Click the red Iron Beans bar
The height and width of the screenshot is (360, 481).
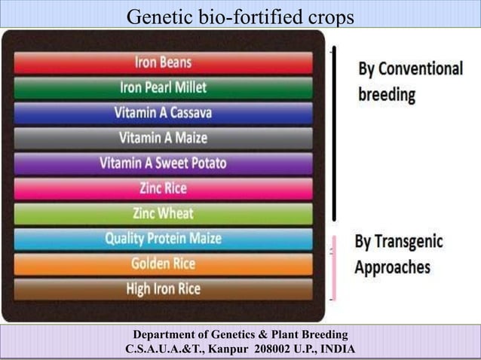click(163, 63)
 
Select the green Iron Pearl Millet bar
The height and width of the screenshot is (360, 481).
click(163, 88)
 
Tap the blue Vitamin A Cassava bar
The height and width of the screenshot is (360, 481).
click(163, 113)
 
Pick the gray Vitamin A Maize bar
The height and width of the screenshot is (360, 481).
click(163, 138)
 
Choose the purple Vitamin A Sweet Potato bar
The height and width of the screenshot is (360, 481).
click(163, 163)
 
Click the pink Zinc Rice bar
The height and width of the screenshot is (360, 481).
click(163, 188)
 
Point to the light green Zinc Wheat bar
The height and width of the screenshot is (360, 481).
click(163, 213)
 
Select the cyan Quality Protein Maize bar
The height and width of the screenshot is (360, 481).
click(163, 239)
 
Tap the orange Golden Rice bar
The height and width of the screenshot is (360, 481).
click(163, 264)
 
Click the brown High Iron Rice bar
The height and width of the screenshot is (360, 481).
click(163, 288)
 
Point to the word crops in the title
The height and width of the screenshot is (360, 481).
click(329, 15)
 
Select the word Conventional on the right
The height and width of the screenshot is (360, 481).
click(421, 69)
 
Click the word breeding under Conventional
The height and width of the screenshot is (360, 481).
click(386, 96)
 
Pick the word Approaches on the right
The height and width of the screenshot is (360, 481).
click(393, 267)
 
